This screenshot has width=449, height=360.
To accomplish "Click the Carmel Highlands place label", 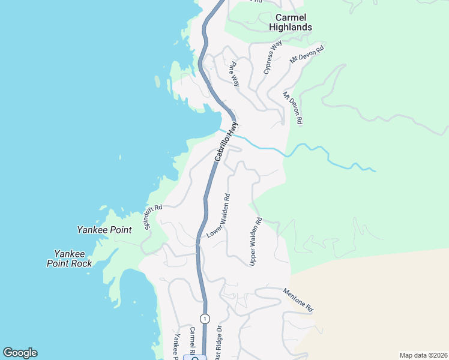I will click(291, 22).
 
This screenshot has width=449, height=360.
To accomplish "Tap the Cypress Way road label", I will click(273, 58).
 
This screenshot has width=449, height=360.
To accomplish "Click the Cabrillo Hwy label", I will click(227, 142).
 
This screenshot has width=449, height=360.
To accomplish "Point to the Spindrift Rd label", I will click(153, 217).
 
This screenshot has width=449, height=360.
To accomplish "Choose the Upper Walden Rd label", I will click(256, 242).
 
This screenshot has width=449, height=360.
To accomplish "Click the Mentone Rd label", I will click(298, 299).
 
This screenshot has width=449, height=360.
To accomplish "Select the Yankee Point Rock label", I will click(70, 259).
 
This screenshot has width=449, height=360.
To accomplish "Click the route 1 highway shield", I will click(205, 318).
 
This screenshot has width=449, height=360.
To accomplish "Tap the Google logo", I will click(20, 353).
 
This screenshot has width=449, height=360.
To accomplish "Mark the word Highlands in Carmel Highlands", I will click(291, 27).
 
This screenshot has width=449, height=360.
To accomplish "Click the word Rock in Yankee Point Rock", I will click(82, 263).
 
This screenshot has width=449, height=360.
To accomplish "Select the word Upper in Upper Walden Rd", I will click(253, 257).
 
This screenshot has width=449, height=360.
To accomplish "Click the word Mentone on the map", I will click(294, 296).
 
